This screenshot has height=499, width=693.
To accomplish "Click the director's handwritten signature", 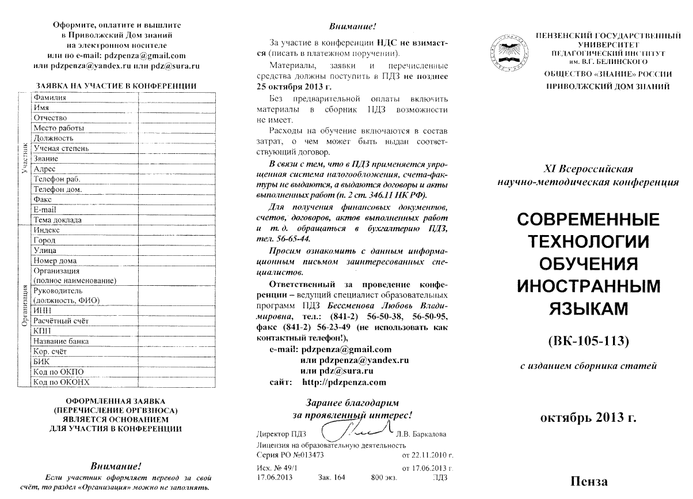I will pos(357,429).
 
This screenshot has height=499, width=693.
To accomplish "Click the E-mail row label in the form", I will pos(45,210).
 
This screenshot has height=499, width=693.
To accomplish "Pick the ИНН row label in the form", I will pos(43,310).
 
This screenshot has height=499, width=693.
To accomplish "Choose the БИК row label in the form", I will pos(42,361).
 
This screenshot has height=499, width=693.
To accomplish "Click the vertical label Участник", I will pos(24,158).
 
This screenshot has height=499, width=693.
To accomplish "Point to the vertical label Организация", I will pos(24,305).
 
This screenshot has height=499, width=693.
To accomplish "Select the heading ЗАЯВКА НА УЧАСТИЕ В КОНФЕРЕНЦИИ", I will pos(117,86).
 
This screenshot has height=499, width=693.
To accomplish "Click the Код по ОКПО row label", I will pos(55,372).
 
